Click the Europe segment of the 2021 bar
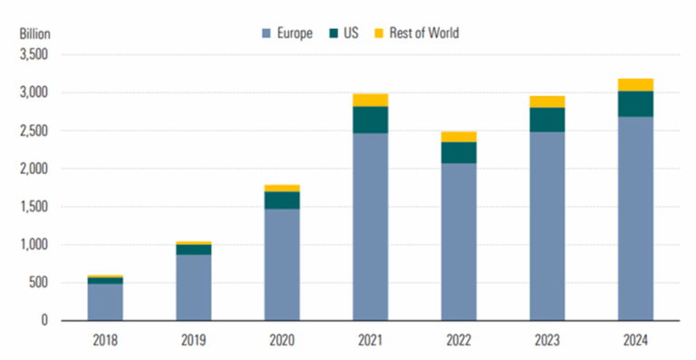click(370, 227)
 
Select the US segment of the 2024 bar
click(634, 103)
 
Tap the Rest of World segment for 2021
click(370, 100)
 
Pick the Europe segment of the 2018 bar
click(105, 302)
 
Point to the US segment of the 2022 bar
click(458, 152)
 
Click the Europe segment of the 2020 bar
click(282, 264)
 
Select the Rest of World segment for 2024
click(634, 84)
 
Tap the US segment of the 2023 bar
click(546, 120)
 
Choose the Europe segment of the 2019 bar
click(194, 287)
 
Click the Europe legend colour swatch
click(256, 34)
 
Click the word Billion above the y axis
click(34, 34)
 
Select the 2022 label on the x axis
click(458, 341)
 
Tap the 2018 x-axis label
click(105, 341)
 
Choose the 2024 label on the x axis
click(634, 341)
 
